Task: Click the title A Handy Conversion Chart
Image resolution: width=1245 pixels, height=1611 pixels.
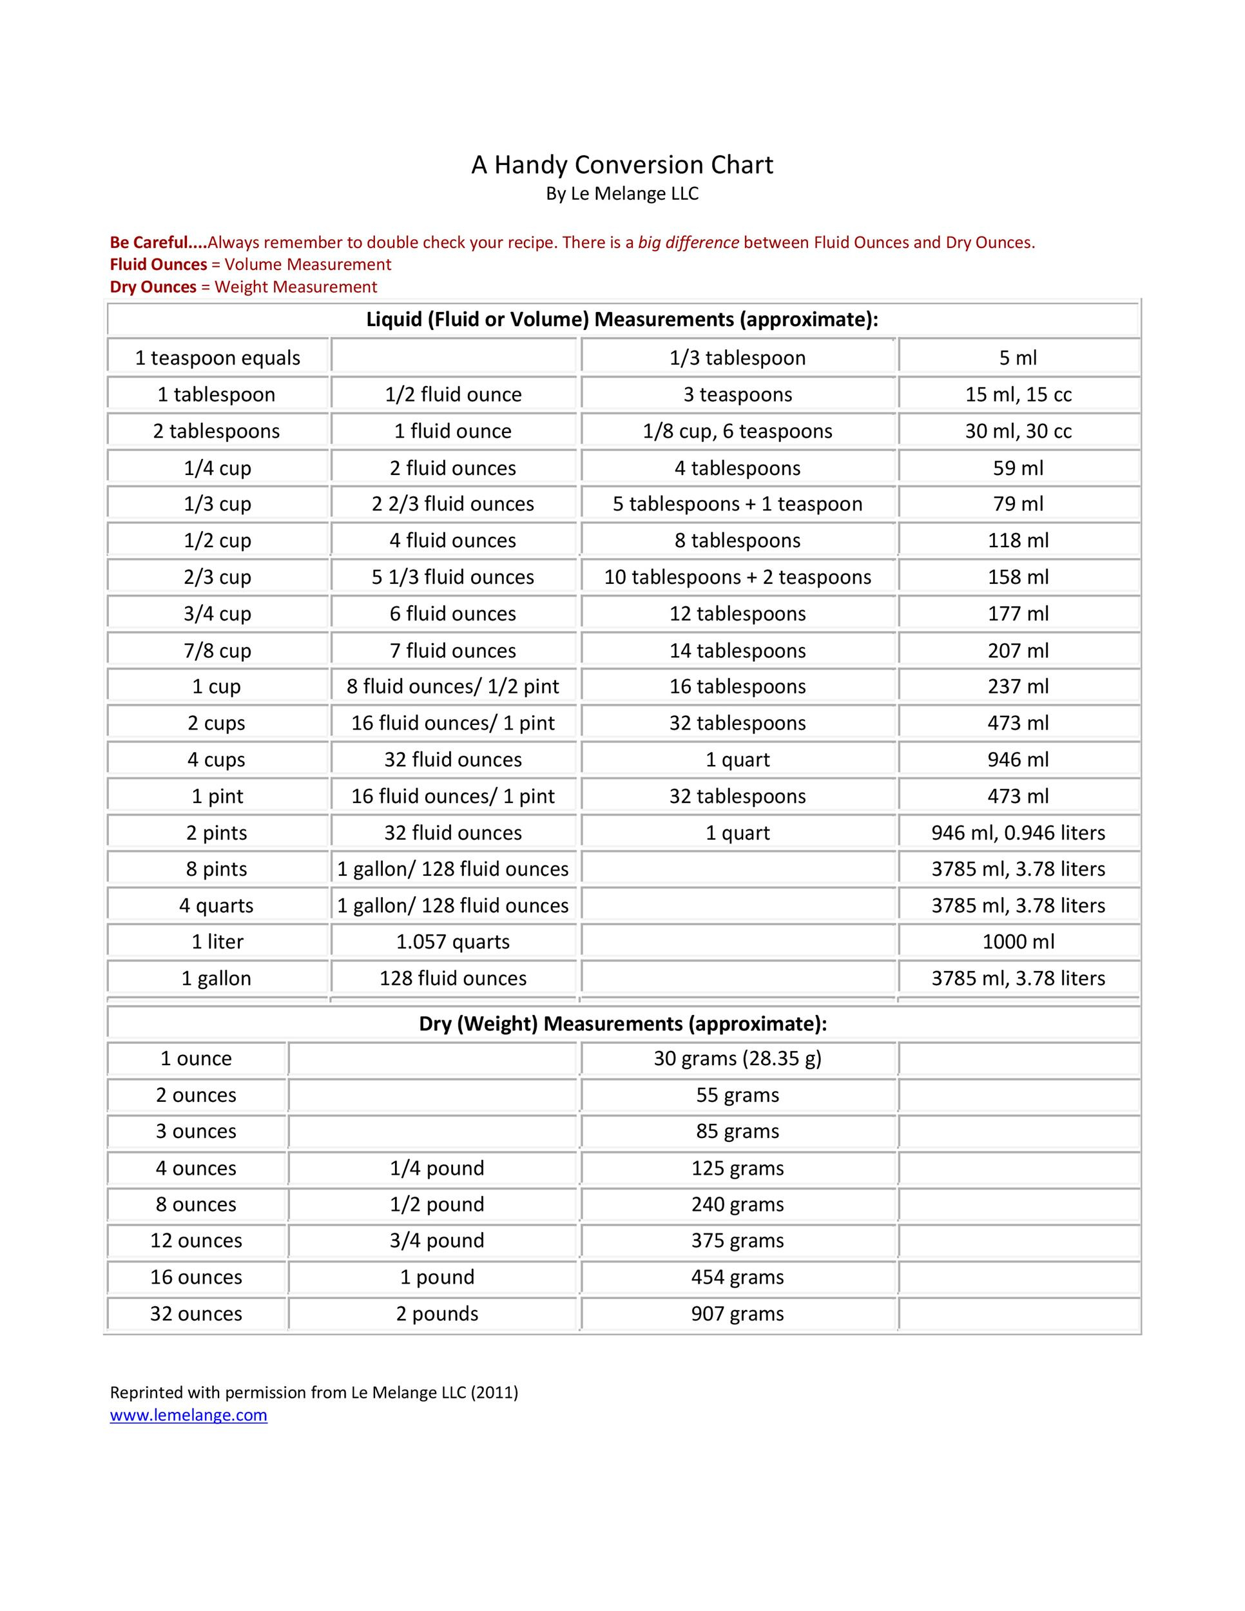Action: click(x=622, y=164)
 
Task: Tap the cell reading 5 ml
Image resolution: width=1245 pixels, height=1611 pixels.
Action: click(x=1018, y=358)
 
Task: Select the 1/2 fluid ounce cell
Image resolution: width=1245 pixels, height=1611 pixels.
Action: click(x=453, y=394)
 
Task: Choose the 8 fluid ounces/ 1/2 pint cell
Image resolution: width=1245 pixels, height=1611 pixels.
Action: click(x=453, y=687)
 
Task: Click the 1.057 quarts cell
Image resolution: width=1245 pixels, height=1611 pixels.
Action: click(x=453, y=942)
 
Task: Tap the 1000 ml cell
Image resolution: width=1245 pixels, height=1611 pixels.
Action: click(x=1018, y=942)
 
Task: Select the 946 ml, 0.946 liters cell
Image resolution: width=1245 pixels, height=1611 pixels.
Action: click(x=1018, y=833)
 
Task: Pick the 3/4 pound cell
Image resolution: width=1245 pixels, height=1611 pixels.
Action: click(x=437, y=1240)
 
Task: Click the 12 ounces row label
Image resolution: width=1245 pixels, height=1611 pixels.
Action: click(x=196, y=1240)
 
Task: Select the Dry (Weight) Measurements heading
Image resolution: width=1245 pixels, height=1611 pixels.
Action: click(x=622, y=1024)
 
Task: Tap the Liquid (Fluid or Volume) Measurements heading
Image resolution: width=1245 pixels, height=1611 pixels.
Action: click(x=622, y=320)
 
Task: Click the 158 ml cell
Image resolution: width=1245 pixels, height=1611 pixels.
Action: click(x=1018, y=577)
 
